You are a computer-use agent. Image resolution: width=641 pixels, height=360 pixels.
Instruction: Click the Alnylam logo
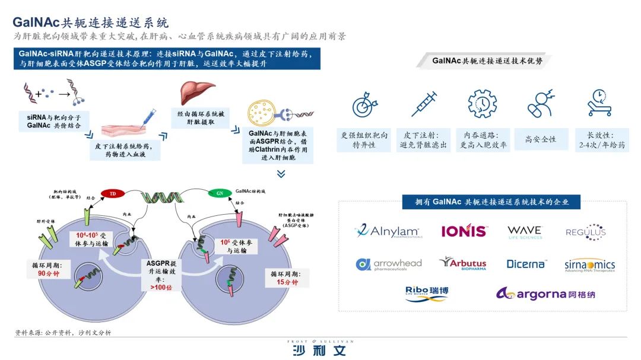point(389,231)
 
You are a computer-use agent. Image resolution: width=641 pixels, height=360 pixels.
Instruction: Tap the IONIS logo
point(464,231)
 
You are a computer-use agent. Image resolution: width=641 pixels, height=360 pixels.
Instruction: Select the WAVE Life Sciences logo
point(525,231)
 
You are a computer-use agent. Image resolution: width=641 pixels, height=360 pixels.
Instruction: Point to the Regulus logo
point(586,232)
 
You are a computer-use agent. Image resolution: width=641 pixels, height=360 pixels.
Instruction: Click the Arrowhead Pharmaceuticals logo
point(389,265)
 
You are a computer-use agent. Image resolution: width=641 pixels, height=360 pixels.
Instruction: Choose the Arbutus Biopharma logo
point(463,263)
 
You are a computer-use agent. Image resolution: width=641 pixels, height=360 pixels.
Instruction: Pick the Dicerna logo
point(526,264)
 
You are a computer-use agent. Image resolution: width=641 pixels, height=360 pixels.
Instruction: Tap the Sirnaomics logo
point(589,265)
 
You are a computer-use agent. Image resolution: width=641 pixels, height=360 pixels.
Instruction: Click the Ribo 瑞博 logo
point(427,294)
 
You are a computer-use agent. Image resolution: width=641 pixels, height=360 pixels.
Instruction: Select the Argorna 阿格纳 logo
point(545,294)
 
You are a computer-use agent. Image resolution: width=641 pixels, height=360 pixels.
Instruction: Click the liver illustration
point(198,93)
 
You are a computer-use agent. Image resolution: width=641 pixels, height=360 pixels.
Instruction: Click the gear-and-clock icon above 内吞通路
point(482,104)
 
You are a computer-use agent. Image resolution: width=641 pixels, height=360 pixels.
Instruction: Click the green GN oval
point(220,193)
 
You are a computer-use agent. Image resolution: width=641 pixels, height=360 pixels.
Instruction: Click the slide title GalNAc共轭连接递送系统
point(91,23)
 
